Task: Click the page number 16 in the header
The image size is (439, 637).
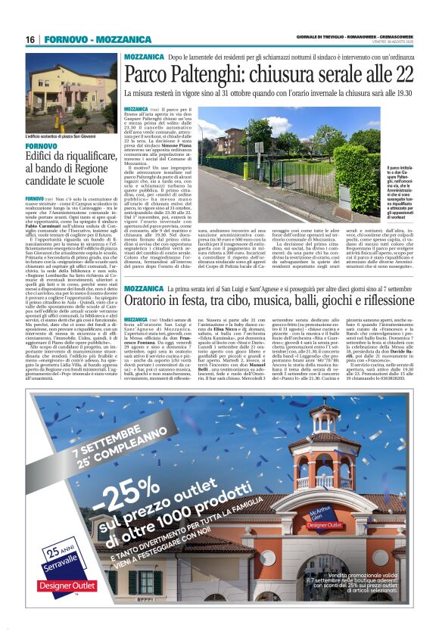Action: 30,39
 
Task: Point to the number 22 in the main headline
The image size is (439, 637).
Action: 404,73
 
